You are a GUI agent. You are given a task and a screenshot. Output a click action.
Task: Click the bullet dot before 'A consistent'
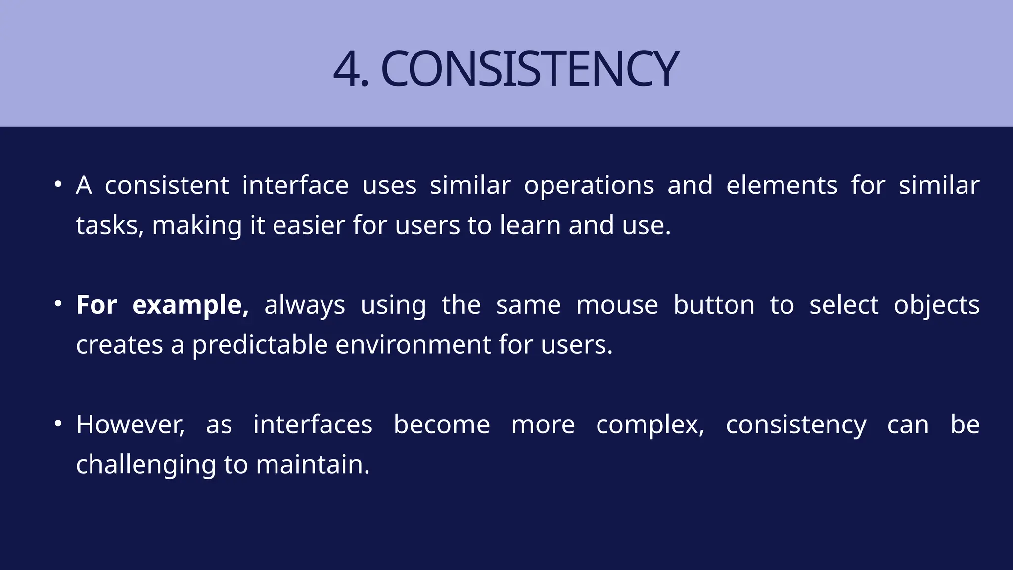tap(58, 185)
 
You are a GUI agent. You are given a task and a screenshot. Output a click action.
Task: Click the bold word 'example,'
tap(190, 305)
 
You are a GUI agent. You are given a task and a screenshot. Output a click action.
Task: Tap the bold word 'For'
tap(96, 304)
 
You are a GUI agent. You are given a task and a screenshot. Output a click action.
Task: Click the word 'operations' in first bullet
tap(589, 187)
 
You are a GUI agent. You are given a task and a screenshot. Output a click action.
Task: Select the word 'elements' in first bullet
tap(782, 186)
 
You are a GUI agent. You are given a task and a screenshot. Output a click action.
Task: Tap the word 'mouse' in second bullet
tap(617, 305)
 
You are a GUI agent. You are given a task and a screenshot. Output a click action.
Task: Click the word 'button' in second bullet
tap(714, 305)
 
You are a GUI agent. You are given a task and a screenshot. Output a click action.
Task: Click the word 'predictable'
tap(260, 345)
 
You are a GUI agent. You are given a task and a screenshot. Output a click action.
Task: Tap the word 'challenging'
tap(145, 466)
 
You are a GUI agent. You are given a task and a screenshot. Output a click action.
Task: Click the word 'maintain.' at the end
tap(313, 465)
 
